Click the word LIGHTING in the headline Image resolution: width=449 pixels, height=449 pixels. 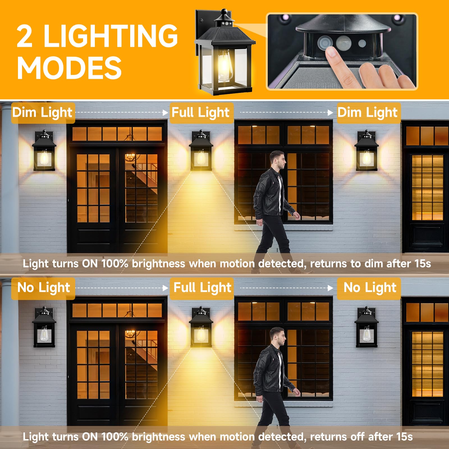(111, 36)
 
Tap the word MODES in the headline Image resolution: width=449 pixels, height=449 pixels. (69, 68)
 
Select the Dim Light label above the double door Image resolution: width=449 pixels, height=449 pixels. (42, 113)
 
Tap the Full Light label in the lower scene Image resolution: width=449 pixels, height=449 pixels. (202, 288)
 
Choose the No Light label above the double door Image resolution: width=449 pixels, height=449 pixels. (43, 288)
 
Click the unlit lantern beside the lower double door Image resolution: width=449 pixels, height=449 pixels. (44, 327)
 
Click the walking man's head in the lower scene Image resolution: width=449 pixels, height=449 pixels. (278, 337)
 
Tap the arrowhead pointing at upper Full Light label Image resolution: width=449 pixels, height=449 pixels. (166, 113)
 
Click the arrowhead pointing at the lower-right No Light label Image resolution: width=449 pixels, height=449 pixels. (330, 288)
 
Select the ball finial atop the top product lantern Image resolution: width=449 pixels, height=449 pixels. (224, 12)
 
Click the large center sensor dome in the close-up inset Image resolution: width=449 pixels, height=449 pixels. (343, 43)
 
